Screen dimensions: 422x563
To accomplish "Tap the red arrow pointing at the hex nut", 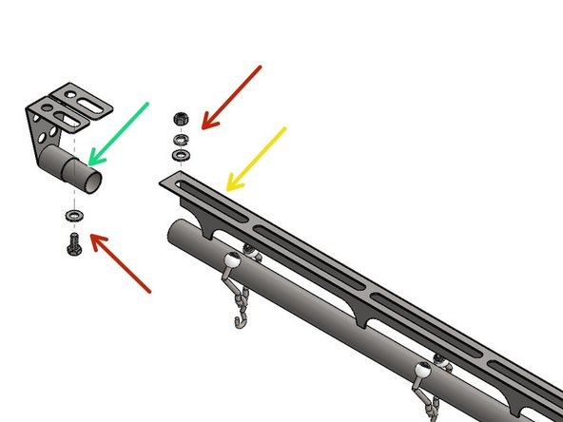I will point(232,96).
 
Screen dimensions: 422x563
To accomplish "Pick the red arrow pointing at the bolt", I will point(122,267).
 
